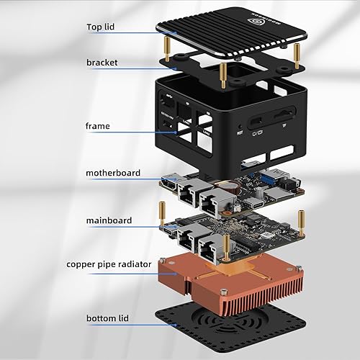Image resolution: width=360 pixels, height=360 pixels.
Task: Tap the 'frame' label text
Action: tap(98, 125)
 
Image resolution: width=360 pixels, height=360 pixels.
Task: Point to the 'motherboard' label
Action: tap(113, 173)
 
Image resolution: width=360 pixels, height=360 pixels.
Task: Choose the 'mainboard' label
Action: tap(109, 221)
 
